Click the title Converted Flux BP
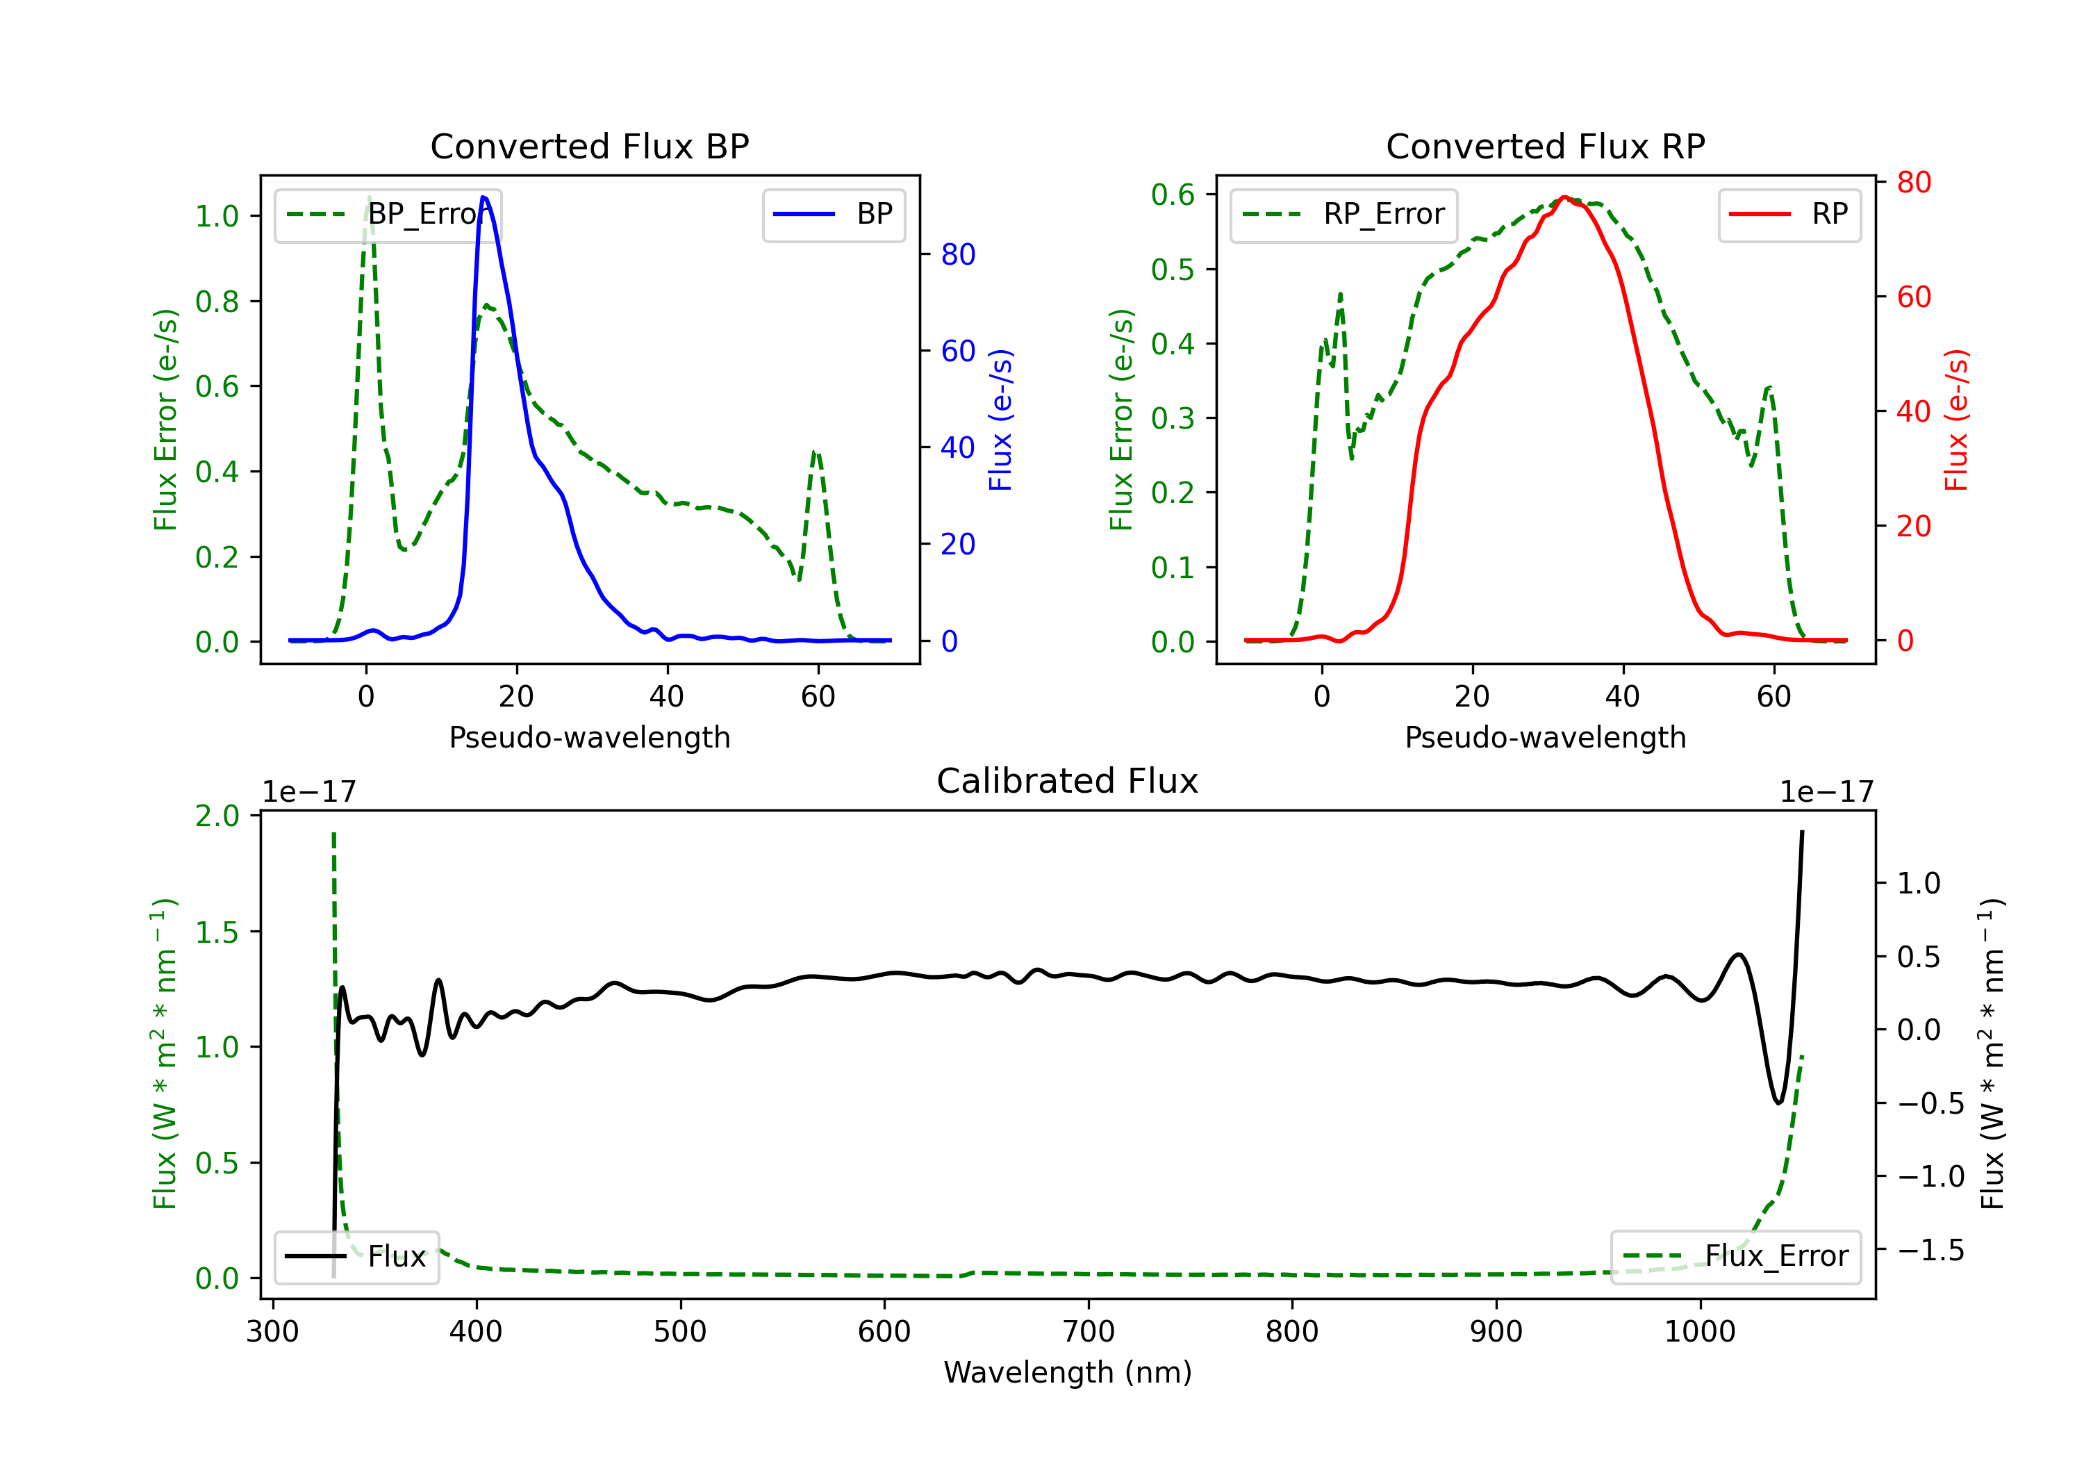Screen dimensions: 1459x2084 (589, 146)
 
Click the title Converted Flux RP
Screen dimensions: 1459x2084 (1545, 146)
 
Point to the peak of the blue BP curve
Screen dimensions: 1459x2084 (483, 197)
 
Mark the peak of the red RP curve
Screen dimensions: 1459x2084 (1564, 197)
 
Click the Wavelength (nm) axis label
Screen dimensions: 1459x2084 (1068, 1372)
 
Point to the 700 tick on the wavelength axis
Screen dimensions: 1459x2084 (1089, 1331)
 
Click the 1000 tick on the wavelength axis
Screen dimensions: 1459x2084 (1699, 1331)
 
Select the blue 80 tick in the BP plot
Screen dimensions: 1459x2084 (957, 254)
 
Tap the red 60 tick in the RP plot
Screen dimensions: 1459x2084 (1913, 297)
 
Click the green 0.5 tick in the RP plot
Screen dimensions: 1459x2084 (1173, 270)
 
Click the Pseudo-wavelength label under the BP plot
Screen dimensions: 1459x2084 (589, 737)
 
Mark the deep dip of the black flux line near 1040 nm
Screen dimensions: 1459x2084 (1778, 1102)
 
